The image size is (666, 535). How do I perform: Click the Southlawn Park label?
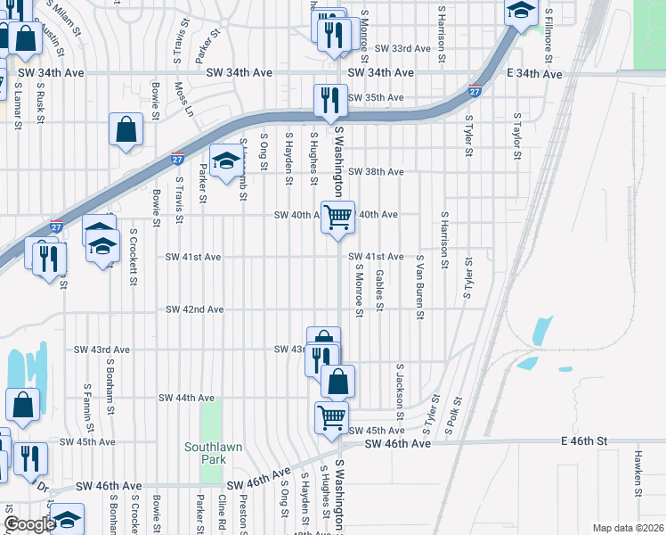pyautogui.click(x=206, y=453)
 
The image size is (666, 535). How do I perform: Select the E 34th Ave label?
pyautogui.click(x=534, y=74)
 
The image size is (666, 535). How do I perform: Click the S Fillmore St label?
pyautogui.click(x=548, y=36)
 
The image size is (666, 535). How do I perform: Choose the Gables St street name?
pyautogui.click(x=380, y=291)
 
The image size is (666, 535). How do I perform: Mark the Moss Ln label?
pyautogui.click(x=184, y=100)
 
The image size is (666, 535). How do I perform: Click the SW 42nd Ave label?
pyautogui.click(x=194, y=309)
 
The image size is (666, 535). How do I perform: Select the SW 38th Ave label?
pyautogui.click(x=376, y=171)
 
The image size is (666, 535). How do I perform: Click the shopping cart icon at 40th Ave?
pyautogui.click(x=337, y=217)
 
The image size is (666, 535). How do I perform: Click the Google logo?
pyautogui.click(x=28, y=524)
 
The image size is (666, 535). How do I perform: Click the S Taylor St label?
pyautogui.click(x=516, y=136)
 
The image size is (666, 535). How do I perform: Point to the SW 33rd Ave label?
pyautogui.click(x=403, y=48)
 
